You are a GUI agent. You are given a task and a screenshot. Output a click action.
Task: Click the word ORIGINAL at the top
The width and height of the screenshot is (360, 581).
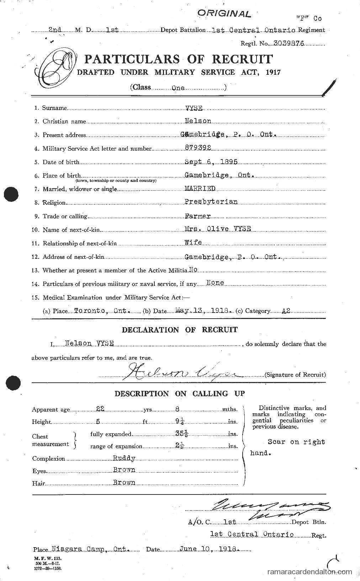[x=224, y=14]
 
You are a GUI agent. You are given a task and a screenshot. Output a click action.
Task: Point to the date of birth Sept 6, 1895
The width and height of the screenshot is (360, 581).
[x=211, y=162]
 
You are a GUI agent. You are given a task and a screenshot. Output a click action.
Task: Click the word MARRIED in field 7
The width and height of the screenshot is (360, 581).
[x=200, y=189]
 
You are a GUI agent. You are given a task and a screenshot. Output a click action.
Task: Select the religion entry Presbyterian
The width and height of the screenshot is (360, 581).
[x=211, y=202]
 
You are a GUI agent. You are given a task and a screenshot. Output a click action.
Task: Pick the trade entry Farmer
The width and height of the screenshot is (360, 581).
[x=197, y=216]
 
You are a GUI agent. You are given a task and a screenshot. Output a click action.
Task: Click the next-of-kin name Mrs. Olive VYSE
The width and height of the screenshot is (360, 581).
[x=217, y=229]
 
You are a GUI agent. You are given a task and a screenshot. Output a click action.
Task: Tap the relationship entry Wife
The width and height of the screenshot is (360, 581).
[x=193, y=242]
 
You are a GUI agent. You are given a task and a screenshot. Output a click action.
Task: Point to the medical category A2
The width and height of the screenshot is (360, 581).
[x=286, y=311]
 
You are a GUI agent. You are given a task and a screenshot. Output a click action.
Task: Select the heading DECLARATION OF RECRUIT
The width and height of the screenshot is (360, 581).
[x=180, y=330]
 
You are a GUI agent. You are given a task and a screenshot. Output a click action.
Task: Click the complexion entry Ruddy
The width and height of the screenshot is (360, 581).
[x=124, y=458]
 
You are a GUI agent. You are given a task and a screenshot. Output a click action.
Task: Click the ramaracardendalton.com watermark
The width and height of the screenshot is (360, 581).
[x=309, y=572]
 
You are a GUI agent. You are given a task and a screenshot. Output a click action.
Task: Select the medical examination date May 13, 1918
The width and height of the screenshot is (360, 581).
[x=203, y=310]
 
